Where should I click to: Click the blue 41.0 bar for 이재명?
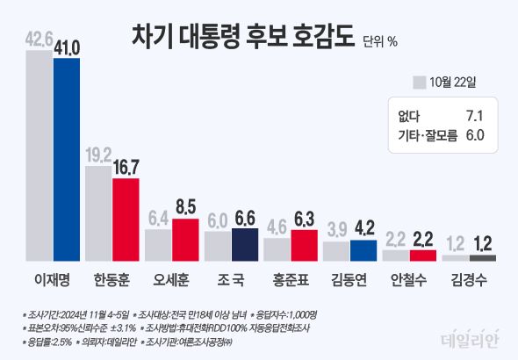[66, 158]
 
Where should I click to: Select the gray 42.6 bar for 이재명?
[40, 155]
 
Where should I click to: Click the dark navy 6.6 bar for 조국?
[245, 244]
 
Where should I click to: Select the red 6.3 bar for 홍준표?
[305, 245]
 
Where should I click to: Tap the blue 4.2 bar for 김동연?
[363, 250]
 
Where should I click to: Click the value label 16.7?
[126, 167]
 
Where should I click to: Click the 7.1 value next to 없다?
[474, 115]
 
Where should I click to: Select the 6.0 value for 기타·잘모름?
[474, 134]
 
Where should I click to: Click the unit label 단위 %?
[379, 40]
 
